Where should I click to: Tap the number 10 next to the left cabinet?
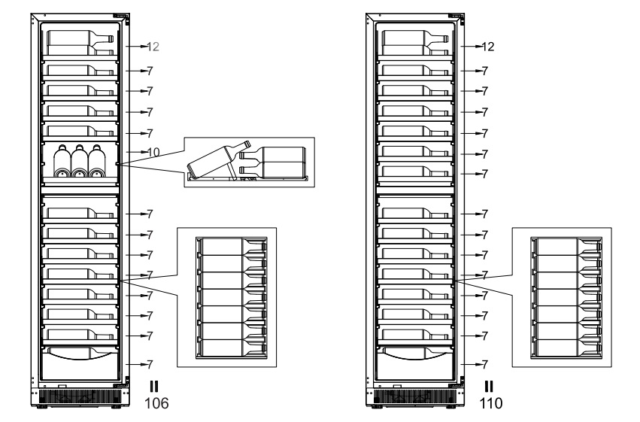tap(153, 153)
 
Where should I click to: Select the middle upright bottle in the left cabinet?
tap(80, 161)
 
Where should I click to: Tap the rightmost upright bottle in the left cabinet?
tap(96, 161)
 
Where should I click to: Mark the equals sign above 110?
tap(488, 387)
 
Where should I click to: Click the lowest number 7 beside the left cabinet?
tap(150, 364)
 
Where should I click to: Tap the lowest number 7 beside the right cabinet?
tap(485, 364)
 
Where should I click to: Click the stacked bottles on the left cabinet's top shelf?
tap(80, 43)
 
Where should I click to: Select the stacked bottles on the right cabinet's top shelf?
tap(414, 43)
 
